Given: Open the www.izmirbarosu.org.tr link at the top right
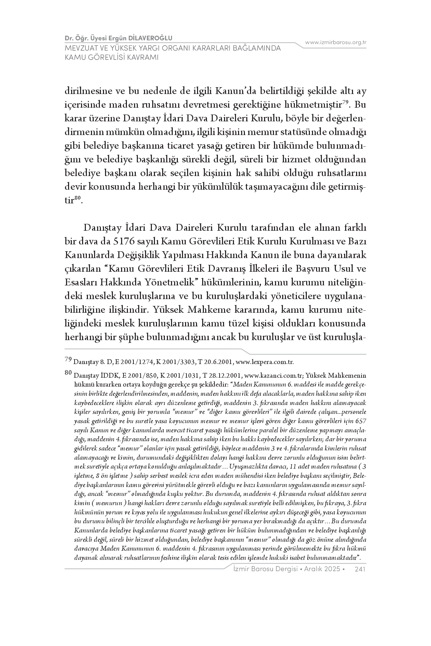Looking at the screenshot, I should (x=336, y=42).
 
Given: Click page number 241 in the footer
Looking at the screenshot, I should (x=361, y=569).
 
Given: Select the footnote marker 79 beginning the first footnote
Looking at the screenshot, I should (x=68, y=359).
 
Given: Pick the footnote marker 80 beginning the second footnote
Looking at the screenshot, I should (x=68, y=373).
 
